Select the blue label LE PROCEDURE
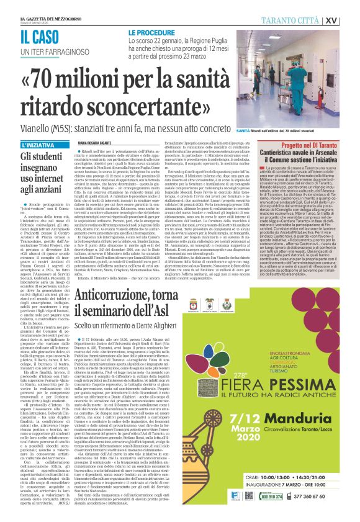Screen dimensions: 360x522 153,30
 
